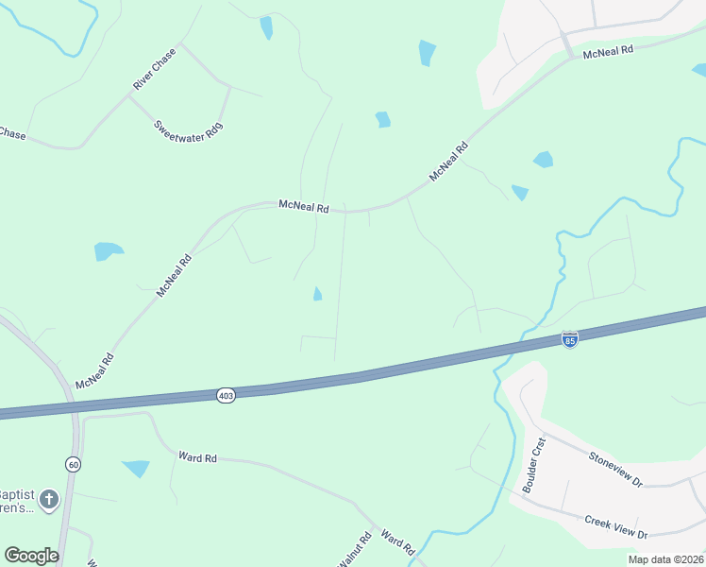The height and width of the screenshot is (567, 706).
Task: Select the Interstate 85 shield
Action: tap(569, 339)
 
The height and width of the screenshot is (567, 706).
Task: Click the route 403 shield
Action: tap(225, 394)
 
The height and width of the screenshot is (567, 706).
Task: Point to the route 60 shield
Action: tap(73, 464)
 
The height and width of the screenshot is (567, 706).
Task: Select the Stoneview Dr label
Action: tap(615, 470)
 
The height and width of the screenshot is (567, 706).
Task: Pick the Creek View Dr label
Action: tap(615, 527)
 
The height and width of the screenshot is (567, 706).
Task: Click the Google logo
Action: tap(31, 556)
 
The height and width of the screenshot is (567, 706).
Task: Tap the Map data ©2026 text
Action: tap(665, 559)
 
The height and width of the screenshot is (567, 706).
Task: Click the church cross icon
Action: tap(49, 499)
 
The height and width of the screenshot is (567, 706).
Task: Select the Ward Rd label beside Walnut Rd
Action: tap(397, 542)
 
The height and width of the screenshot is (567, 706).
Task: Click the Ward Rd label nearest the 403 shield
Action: tap(197, 457)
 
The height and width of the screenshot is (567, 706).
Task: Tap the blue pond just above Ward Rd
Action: tap(137, 468)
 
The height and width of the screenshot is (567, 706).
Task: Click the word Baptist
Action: tap(16, 494)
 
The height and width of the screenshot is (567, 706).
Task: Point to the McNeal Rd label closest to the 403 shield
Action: tap(94, 372)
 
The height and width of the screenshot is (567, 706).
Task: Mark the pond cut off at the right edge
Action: tap(699, 69)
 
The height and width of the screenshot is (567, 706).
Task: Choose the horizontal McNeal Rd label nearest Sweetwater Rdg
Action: tap(303, 205)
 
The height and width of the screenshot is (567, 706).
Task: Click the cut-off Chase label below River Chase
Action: tap(12, 134)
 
